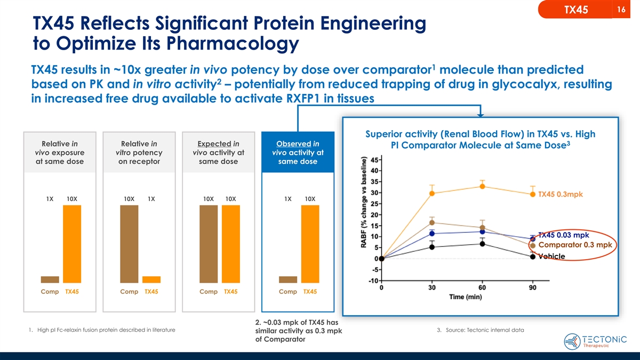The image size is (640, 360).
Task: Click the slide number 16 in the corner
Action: [x=621, y=10]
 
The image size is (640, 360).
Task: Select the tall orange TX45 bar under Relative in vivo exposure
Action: [x=72, y=243]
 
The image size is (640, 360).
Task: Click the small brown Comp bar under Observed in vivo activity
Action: [x=288, y=279]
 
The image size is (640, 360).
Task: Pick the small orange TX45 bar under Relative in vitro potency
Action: [x=151, y=279]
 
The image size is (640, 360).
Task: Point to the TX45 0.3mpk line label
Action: [x=560, y=194]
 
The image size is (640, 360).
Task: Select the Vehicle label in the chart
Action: [x=551, y=257]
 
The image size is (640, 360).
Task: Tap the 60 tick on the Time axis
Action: [x=482, y=288]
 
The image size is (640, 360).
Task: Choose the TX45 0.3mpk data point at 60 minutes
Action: [x=482, y=186]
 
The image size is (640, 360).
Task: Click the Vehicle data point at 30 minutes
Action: [x=432, y=247]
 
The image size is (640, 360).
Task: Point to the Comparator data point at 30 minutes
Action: [x=432, y=222]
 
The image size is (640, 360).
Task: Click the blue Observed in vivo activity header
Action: [x=298, y=153]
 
